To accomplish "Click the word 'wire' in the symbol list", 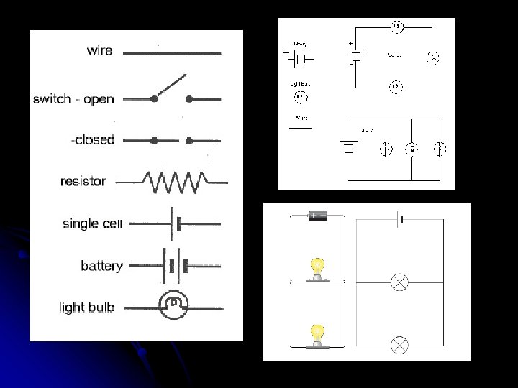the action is (x=99, y=50).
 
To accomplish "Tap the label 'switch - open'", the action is (x=73, y=99).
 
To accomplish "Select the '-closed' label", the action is (x=93, y=139).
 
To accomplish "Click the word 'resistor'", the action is (x=83, y=181).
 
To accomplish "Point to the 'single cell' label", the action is (x=93, y=223).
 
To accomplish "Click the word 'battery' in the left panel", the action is (x=101, y=266).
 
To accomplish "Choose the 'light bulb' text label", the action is (x=86, y=308).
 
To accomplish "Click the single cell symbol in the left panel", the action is (x=175, y=224).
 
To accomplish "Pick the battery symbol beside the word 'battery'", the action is (x=174, y=266).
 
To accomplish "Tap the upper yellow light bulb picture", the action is (x=317, y=267).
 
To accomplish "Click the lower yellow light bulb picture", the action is (x=317, y=334).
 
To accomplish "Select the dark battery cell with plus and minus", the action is (x=317, y=216).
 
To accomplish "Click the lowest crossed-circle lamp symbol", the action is (x=399, y=345).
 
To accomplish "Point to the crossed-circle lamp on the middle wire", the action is (x=399, y=282).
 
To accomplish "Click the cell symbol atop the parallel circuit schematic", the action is (x=400, y=218).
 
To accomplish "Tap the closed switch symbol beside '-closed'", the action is (x=171, y=141).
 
